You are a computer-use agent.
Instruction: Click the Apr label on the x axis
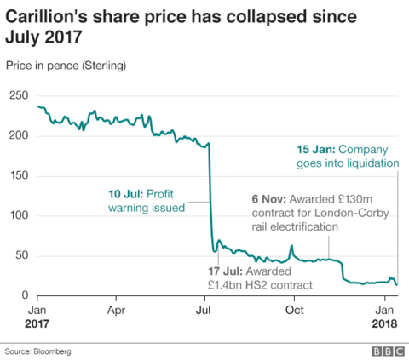pos(118,311)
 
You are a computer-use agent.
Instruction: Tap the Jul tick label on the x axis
pos(205,311)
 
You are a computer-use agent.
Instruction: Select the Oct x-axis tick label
pos(294,311)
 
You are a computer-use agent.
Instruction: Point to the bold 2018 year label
pos(385,324)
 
